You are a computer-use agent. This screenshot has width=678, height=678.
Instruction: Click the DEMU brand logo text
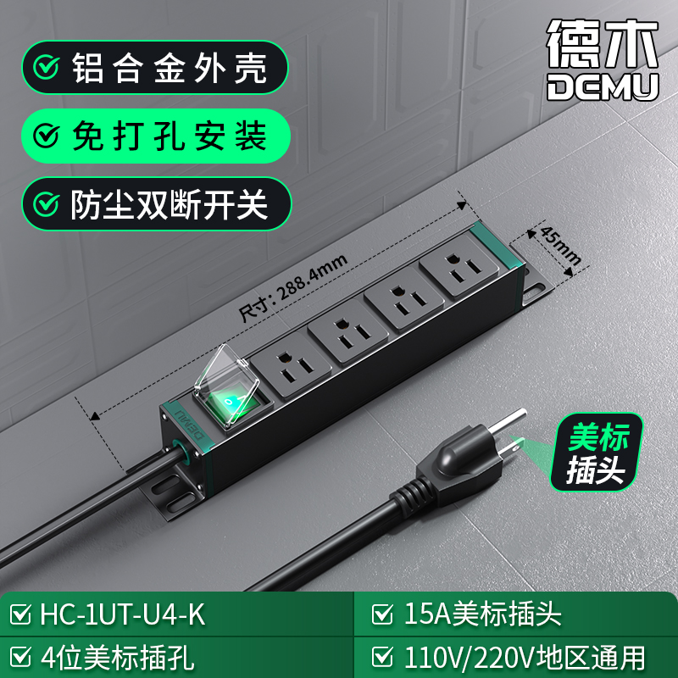point(603,86)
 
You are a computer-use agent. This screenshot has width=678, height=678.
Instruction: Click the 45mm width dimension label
point(560,246)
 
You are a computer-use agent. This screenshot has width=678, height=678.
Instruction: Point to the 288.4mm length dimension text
point(292,287)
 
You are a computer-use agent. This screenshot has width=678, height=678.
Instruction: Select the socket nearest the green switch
point(291,364)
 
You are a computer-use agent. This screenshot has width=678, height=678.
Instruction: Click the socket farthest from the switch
point(458,265)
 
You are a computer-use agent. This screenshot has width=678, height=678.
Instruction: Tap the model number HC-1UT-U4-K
point(122,614)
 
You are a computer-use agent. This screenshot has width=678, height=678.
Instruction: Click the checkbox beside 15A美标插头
point(382,614)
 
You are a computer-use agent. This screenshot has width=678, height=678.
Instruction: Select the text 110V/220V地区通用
point(525,658)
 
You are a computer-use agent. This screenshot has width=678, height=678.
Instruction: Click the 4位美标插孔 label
point(118,658)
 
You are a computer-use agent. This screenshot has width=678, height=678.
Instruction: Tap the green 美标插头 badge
point(597,453)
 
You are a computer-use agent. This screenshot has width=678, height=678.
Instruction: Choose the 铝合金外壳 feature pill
point(155,68)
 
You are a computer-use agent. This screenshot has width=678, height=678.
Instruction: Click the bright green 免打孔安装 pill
point(156,136)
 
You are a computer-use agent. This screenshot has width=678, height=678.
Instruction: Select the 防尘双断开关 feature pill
point(157,203)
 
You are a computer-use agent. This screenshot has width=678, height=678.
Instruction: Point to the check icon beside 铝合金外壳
point(47,68)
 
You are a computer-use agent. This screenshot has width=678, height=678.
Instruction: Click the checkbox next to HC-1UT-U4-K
point(20,614)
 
